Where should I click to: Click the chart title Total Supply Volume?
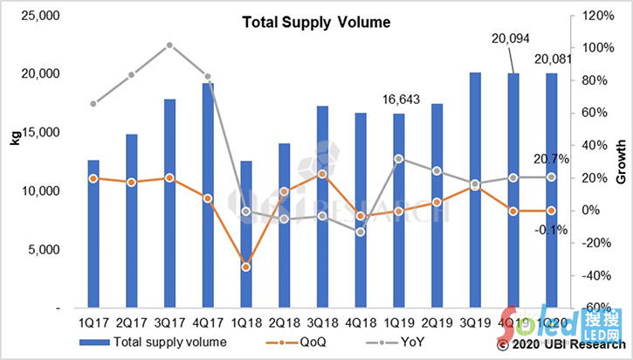click(304, 25)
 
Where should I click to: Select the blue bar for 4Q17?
click(208, 196)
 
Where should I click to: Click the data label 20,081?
click(552, 60)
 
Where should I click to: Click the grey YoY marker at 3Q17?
click(169, 45)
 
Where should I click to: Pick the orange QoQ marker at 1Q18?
click(246, 267)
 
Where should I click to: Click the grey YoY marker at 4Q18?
click(360, 232)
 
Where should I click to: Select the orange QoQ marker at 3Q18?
click(322, 174)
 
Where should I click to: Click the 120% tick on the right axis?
click(591, 16)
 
